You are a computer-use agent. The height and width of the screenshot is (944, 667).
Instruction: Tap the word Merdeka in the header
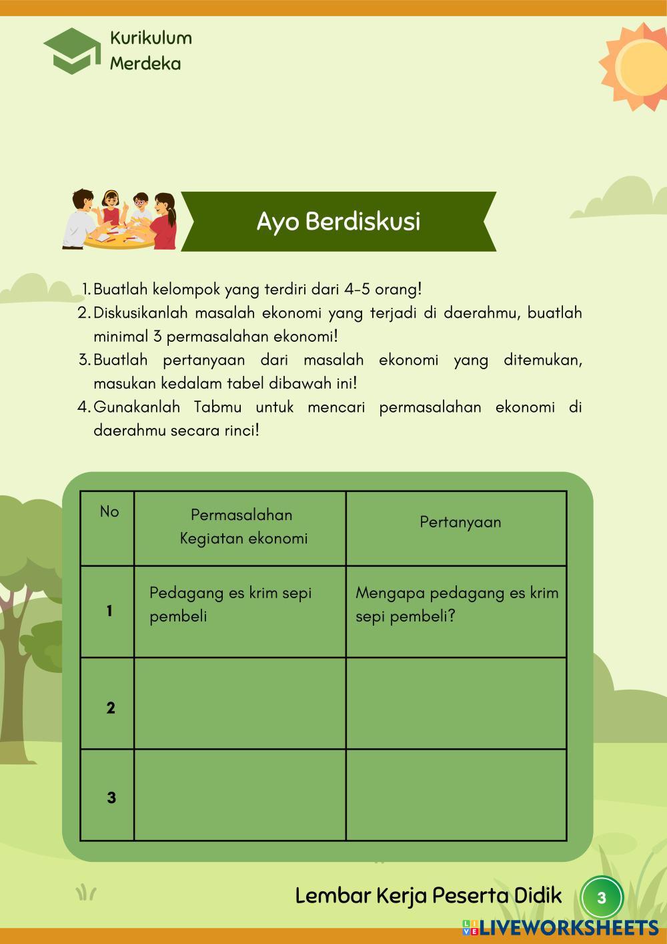tap(145, 63)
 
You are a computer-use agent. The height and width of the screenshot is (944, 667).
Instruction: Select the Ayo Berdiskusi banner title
tap(338, 222)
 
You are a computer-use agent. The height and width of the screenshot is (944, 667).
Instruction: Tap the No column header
tap(109, 512)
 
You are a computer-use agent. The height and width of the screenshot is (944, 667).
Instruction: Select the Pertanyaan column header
tap(460, 522)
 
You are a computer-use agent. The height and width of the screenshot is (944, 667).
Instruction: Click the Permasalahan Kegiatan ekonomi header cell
tap(241, 527)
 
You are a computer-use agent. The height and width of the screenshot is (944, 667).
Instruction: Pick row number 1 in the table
tap(109, 611)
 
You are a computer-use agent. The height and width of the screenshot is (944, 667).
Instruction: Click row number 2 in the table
tap(110, 708)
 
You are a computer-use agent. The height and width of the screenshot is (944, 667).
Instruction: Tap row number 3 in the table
tap(111, 797)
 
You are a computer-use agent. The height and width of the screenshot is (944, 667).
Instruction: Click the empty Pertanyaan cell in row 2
tap(456, 704)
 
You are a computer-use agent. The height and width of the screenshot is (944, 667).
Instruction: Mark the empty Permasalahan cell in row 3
tap(239, 795)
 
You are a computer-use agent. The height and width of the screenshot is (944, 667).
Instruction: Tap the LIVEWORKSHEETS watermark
tap(560, 927)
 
